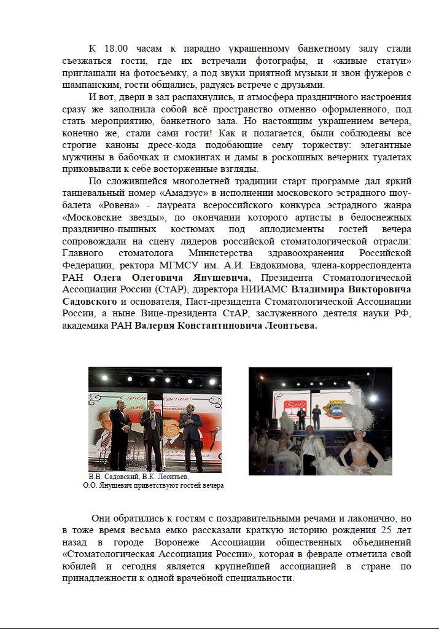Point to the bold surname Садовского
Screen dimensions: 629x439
coord(90,302)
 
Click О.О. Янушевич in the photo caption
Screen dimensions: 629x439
coord(107,485)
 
